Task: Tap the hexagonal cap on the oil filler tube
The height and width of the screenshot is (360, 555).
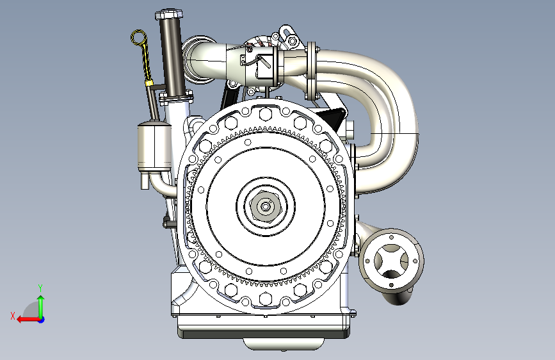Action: [x=169, y=15]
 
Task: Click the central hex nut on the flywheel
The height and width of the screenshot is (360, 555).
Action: [x=265, y=206]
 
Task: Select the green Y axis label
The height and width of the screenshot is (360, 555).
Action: [x=40, y=288]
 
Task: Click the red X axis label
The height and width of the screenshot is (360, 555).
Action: [x=13, y=316]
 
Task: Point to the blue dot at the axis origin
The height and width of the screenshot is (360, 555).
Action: [x=42, y=320]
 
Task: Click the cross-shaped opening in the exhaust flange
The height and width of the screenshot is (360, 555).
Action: [x=391, y=261]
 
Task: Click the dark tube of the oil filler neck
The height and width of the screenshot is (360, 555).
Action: [x=172, y=57]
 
